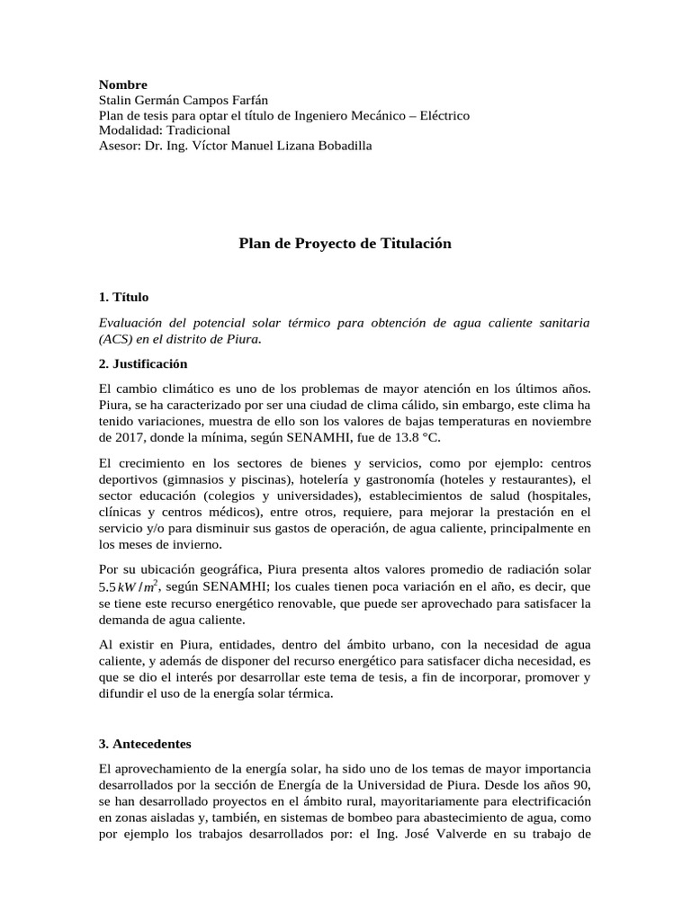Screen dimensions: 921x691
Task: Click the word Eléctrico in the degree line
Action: (439, 116)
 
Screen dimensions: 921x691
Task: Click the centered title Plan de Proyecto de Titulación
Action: (345, 244)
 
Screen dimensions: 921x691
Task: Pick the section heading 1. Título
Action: (123, 297)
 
